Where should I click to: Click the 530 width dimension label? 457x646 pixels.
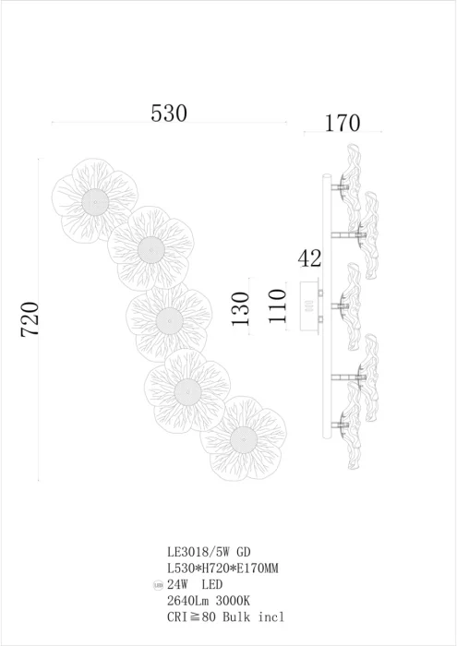169,113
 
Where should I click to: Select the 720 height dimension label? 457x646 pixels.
30,319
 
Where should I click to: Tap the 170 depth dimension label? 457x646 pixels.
343,123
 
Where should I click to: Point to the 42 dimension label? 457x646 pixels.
309,258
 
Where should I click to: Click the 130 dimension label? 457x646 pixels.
241,308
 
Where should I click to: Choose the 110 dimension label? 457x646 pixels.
276,305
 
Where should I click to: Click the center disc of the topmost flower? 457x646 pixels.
95,202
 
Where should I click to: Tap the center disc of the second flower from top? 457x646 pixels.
150,250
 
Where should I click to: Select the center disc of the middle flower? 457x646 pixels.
169,320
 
